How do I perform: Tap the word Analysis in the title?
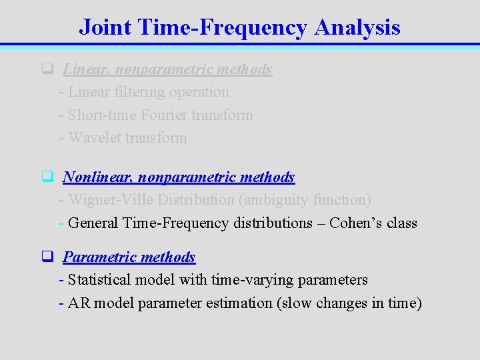pos(357,27)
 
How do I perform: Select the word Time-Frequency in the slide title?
pos(223,27)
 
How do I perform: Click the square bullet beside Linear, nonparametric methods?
pos(47,68)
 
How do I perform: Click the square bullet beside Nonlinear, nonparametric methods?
pos(47,177)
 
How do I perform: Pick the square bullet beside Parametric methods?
pos(47,257)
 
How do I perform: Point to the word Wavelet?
pos(95,138)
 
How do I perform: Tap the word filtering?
pos(143,92)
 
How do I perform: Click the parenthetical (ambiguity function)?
pos(307,199)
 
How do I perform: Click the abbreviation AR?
pos(79,303)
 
